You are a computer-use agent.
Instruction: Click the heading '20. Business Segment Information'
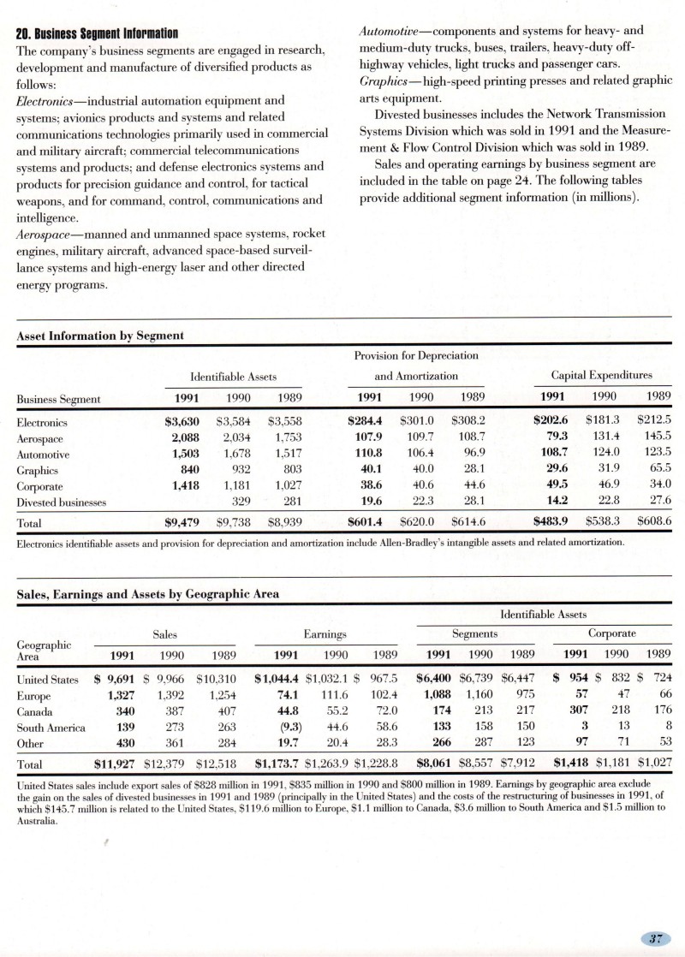tap(98, 34)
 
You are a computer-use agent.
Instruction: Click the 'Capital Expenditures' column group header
tap(602, 375)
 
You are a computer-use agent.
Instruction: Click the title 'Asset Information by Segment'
tap(99, 336)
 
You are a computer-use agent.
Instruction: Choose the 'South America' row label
tap(51, 727)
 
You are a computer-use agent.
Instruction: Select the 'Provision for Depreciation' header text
tap(416, 355)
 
